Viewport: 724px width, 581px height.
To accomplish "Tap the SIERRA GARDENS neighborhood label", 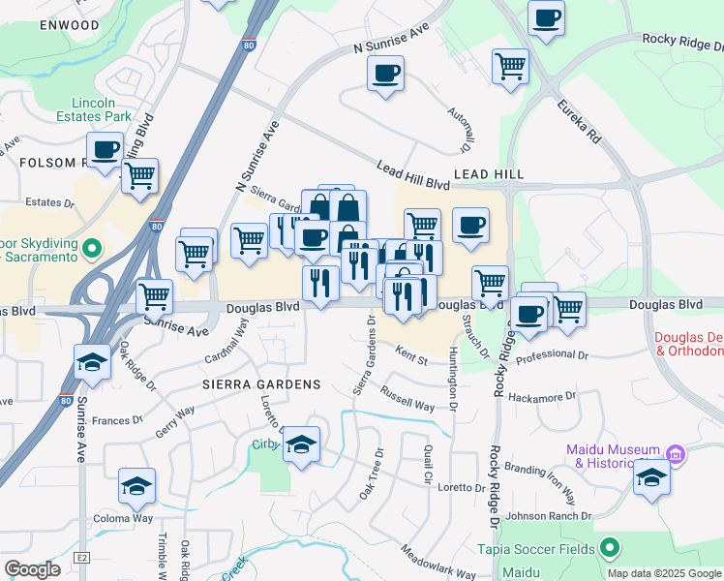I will coord(260,384).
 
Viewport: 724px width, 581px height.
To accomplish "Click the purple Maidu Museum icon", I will coord(676,453).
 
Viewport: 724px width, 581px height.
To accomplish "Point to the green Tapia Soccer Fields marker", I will coord(609,549).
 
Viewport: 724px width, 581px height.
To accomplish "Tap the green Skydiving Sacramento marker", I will coord(93,249).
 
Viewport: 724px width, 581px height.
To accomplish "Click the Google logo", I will coord(32,569).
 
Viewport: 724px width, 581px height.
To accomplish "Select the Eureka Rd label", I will coord(580,120).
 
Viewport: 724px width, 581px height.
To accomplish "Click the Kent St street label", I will coord(410,357).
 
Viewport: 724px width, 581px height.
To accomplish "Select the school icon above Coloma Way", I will coord(136,487).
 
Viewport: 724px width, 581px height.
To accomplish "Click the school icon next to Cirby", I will coord(302,444).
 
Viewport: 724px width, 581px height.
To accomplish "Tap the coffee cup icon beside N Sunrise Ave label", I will coord(386,74).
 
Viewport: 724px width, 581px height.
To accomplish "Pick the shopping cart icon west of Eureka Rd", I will coord(510,67).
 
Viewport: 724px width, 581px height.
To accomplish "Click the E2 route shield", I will coord(82,558).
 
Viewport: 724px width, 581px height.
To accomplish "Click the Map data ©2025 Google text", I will coord(664,572).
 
